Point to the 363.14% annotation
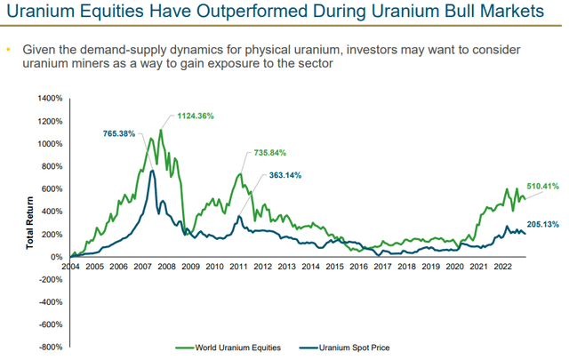point(284,175)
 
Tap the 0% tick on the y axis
point(56,257)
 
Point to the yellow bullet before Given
point(9,50)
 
